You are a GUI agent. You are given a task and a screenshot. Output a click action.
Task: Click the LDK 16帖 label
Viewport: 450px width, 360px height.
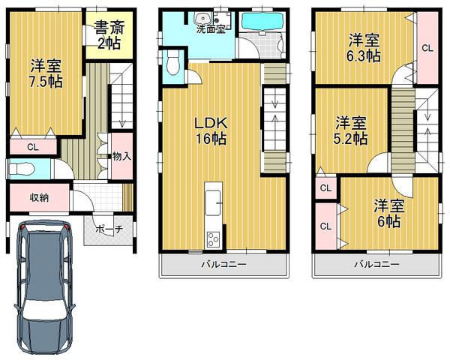point(210,128)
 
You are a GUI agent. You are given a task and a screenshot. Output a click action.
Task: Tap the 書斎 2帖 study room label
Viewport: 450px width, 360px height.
point(109,35)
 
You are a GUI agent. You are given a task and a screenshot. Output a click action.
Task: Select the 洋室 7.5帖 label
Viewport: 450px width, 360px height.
point(45,73)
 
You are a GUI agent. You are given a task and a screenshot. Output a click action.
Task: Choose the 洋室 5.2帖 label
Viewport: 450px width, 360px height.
point(350,129)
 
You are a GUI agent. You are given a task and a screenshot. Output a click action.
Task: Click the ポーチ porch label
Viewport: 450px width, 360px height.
point(109,229)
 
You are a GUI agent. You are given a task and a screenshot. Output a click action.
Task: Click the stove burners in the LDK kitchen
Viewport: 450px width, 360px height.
point(213,239)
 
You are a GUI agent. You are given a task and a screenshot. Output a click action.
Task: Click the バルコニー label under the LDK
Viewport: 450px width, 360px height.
point(223,264)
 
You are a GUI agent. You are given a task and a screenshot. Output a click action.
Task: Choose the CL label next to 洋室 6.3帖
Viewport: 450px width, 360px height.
point(426,48)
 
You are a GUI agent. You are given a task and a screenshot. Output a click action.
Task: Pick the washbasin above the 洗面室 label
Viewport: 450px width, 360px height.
point(200,20)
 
